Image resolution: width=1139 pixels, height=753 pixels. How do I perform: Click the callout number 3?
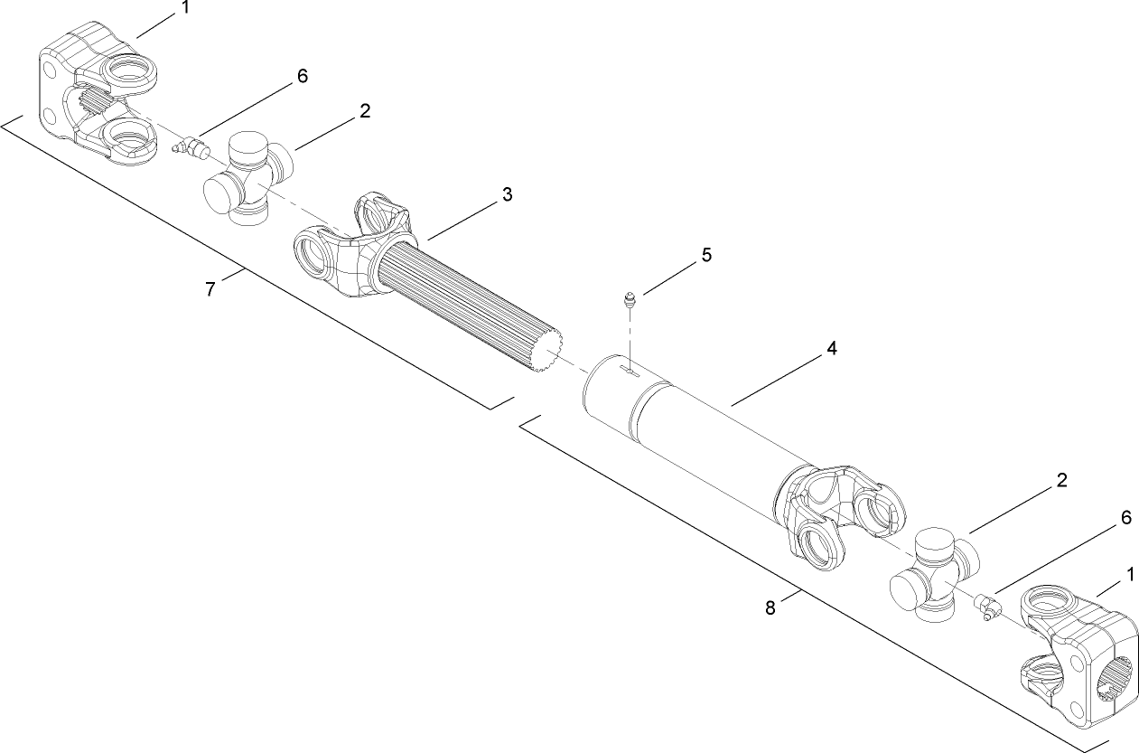[508, 194]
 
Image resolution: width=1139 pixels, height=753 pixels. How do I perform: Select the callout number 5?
[706, 256]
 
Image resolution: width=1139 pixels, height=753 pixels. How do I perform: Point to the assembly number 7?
[210, 289]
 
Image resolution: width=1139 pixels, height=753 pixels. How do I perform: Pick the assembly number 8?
[770, 608]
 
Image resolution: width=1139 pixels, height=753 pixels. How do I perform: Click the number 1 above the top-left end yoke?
[185, 8]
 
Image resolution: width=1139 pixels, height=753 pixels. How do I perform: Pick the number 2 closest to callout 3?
[364, 111]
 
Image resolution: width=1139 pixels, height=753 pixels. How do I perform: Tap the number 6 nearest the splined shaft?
[302, 76]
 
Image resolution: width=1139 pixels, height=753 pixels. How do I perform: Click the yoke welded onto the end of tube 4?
[840, 514]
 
